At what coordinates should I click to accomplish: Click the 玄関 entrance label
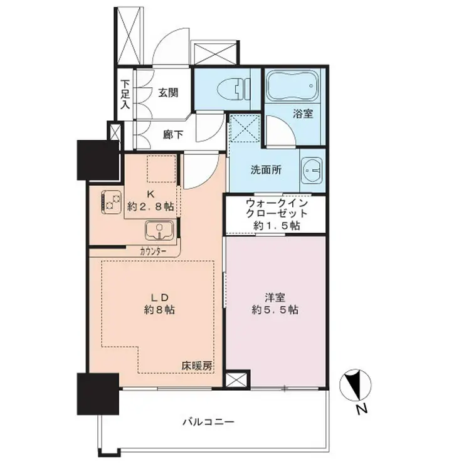coord(167,93)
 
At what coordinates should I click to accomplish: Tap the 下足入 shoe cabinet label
coord(125,93)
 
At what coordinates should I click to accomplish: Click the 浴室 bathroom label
coord(303,114)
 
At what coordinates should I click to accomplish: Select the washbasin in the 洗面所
coord(311,169)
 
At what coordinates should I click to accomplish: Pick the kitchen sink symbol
coord(161,231)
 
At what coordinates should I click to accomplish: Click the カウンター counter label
coord(153,250)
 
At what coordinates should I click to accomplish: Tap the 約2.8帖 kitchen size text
coord(150,206)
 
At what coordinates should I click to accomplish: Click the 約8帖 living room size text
coord(159,309)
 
